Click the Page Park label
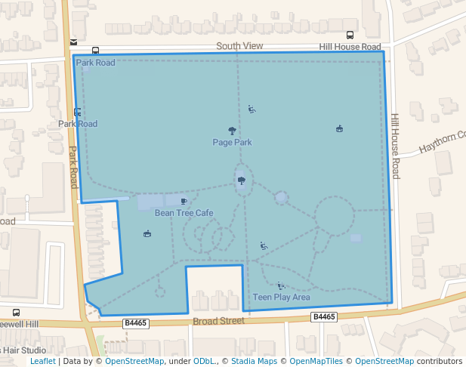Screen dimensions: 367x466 [x=232, y=142]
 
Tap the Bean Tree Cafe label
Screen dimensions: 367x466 [x=184, y=213]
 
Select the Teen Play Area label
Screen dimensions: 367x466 [x=281, y=297]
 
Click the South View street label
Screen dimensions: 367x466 [x=239, y=46]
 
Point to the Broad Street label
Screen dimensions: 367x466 [x=218, y=320]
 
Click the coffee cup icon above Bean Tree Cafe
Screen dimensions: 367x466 [x=184, y=202]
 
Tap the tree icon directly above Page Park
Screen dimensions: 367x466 [x=232, y=131]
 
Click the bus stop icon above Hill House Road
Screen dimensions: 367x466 [x=350, y=35]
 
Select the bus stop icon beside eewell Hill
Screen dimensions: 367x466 [x=16, y=313]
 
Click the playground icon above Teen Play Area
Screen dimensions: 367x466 [x=281, y=285]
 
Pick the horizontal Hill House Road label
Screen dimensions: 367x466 [x=350, y=47]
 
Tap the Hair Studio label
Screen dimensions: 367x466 [x=24, y=350]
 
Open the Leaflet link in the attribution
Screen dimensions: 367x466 [x=42, y=361]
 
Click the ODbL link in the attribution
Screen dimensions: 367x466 [x=204, y=361]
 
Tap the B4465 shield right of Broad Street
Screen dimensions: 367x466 [x=323, y=317]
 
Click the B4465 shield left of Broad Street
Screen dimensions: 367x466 [x=134, y=323]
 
